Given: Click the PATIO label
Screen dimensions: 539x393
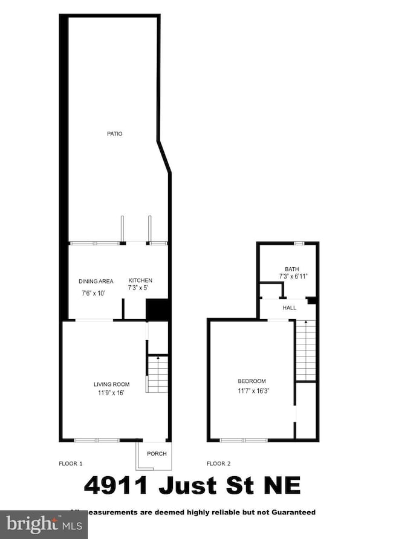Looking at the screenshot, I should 115,134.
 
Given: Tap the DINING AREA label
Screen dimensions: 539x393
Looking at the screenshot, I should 96,281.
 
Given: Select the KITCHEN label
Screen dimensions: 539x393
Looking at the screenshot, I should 140,281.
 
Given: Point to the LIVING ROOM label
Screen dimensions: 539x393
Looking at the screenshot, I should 111,384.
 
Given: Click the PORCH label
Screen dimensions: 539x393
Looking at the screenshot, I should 157,454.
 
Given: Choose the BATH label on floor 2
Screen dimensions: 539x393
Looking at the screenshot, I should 292,269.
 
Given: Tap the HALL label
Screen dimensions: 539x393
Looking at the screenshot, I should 290,308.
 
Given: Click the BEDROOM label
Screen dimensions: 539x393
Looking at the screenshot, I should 252,381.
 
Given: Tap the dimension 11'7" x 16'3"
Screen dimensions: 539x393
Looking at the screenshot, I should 252,390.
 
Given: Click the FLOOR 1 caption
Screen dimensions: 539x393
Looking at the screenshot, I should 70,463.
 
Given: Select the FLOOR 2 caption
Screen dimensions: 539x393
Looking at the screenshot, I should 219,463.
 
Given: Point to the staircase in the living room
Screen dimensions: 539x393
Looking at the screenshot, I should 158,373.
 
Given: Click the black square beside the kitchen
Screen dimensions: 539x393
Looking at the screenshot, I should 158,311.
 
